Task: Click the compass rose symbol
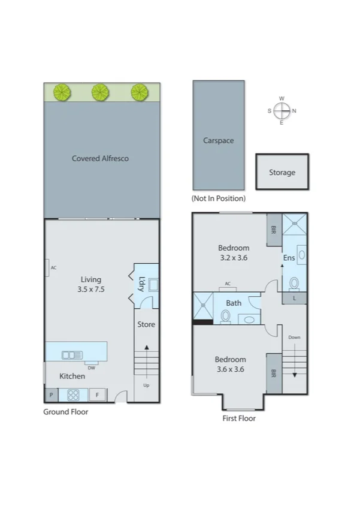click(282, 110)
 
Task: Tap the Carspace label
click(218, 141)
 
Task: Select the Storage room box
click(282, 172)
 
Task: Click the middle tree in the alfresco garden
click(100, 92)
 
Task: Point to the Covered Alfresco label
click(100, 158)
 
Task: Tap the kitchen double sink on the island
click(72, 355)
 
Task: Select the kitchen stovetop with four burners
click(74, 395)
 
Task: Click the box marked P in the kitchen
click(51, 395)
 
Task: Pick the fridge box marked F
click(98, 395)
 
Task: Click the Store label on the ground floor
click(146, 324)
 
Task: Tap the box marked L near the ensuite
click(294, 298)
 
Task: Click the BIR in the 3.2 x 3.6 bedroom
click(273, 230)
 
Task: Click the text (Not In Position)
click(218, 198)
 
